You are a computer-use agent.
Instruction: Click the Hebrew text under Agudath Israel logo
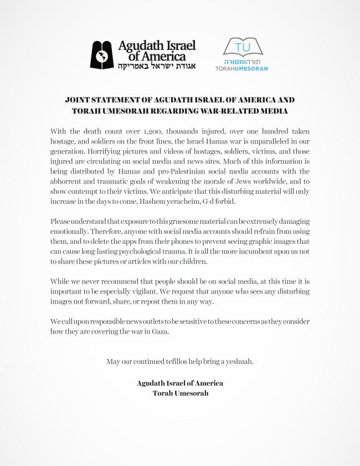(156, 66)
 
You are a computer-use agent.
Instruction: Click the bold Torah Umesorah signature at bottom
(179, 393)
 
